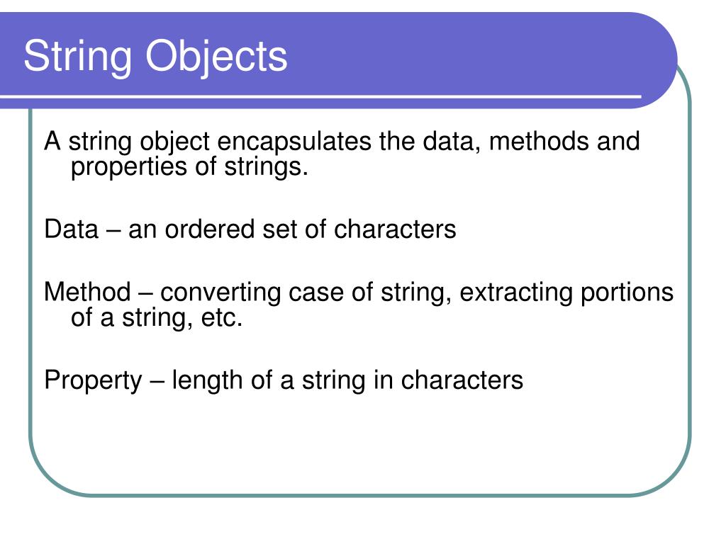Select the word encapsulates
click(294, 142)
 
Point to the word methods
click(538, 142)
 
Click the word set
click(278, 229)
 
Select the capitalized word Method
click(87, 292)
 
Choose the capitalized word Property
click(93, 381)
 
